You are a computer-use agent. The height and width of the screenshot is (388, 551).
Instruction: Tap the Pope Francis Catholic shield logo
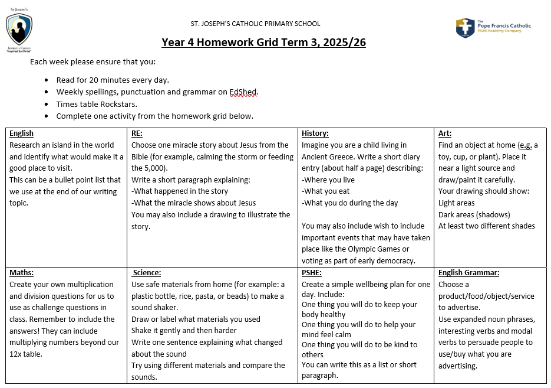pyautogui.click(x=465, y=28)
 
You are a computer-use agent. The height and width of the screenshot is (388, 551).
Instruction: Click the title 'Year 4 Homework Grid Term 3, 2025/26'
pyautogui.click(x=263, y=43)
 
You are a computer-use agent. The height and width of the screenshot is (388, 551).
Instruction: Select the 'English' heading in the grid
pyautogui.click(x=22, y=133)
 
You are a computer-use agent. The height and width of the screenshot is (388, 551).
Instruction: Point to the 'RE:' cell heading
pyautogui.click(x=137, y=133)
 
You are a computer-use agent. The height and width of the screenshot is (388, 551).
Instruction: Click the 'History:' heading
pyautogui.click(x=315, y=133)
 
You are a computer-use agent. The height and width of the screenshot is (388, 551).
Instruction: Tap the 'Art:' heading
pyautogui.click(x=445, y=133)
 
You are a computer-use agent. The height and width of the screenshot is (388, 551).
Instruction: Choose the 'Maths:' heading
pyautogui.click(x=22, y=273)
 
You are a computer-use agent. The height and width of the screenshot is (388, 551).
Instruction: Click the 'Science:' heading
pyautogui.click(x=147, y=273)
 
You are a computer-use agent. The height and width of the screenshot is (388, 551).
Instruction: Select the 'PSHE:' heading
pyautogui.click(x=312, y=273)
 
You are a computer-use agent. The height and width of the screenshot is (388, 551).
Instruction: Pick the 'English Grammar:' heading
pyautogui.click(x=468, y=273)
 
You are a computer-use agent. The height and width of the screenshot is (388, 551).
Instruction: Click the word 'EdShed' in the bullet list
pyautogui.click(x=244, y=92)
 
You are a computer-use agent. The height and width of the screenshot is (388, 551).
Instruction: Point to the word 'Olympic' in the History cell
pyautogui.click(x=368, y=249)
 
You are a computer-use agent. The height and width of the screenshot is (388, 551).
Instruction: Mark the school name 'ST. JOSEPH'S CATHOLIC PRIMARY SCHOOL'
pyautogui.click(x=255, y=24)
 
